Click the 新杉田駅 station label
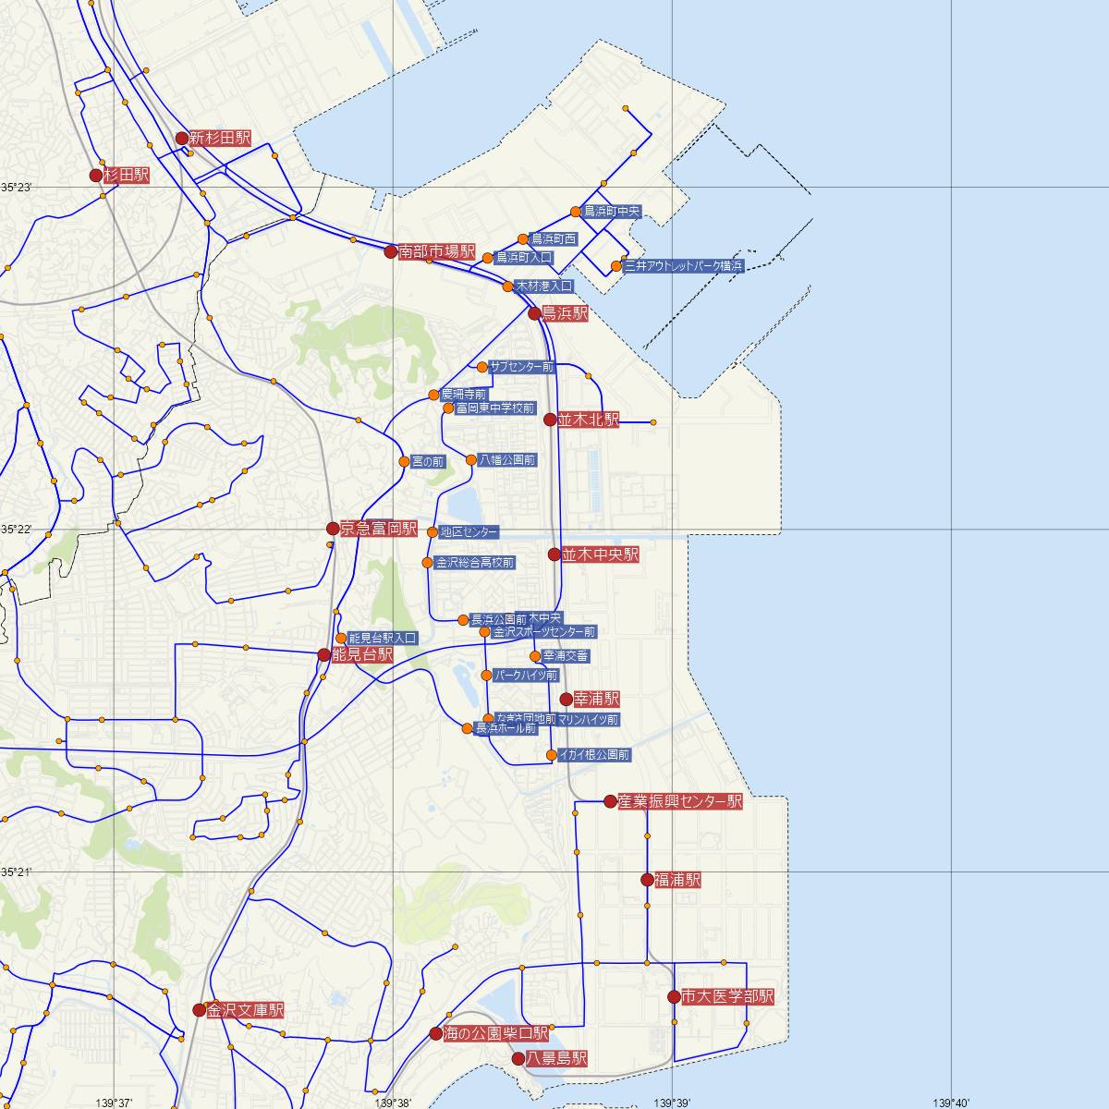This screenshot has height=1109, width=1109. (220, 139)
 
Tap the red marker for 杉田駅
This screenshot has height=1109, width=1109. (96, 175)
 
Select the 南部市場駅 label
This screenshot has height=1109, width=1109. (437, 251)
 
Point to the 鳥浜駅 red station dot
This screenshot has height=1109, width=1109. (534, 313)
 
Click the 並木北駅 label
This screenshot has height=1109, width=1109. (588, 420)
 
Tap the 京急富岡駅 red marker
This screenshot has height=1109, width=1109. (333, 529)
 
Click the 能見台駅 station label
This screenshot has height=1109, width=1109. (362, 654)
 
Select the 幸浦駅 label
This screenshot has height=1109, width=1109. (596, 699)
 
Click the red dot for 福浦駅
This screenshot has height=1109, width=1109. (647, 880)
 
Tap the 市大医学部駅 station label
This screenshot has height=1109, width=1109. (727, 996)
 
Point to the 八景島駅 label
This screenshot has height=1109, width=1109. (556, 1058)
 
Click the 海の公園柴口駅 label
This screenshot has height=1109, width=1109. (496, 1033)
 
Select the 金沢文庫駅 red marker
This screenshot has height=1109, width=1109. (199, 1010)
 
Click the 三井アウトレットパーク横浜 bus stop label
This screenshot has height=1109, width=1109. (683, 266)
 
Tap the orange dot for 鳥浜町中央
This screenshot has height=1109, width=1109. (575, 212)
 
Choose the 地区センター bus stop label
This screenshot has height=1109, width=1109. (469, 532)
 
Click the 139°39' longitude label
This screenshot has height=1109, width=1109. (672, 1102)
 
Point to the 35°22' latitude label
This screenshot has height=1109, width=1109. (16, 530)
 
